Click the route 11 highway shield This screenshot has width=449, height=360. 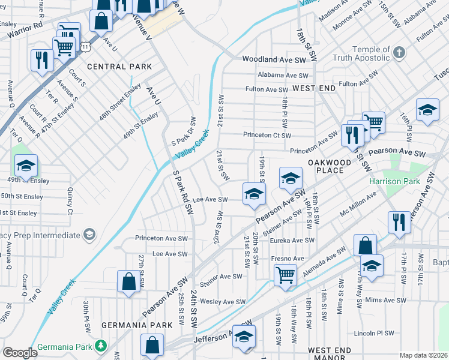(x=86, y=46)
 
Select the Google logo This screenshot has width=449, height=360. (x=20, y=352)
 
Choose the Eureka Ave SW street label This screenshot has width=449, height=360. (x=293, y=241)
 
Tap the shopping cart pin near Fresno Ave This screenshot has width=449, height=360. (x=285, y=275)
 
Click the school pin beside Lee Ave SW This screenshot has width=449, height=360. (x=254, y=193)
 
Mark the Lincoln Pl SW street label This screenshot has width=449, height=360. (x=374, y=333)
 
